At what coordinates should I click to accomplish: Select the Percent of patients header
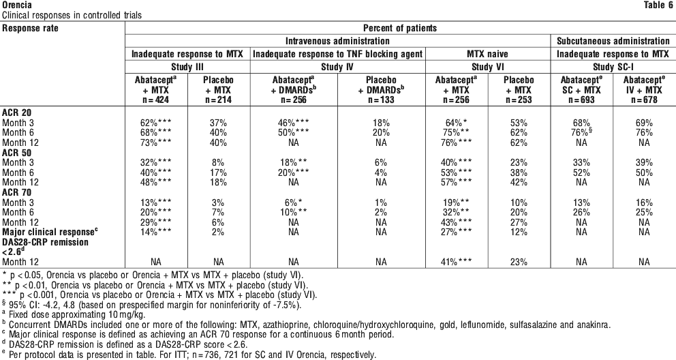click(x=399, y=28)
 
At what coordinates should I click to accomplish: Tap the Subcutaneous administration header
click(x=613, y=41)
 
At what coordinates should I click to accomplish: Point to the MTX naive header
click(x=488, y=54)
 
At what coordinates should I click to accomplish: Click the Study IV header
click(x=337, y=67)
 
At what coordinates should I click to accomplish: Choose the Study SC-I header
click(x=613, y=67)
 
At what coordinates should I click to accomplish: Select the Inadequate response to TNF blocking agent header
click(x=337, y=54)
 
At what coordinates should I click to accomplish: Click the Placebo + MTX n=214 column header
click(x=219, y=90)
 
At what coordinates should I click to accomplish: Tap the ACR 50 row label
click(x=17, y=153)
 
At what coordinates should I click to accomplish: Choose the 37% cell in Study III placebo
click(x=219, y=123)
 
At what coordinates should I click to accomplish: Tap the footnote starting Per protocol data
click(x=189, y=355)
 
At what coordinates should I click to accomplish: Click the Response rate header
click(x=30, y=28)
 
